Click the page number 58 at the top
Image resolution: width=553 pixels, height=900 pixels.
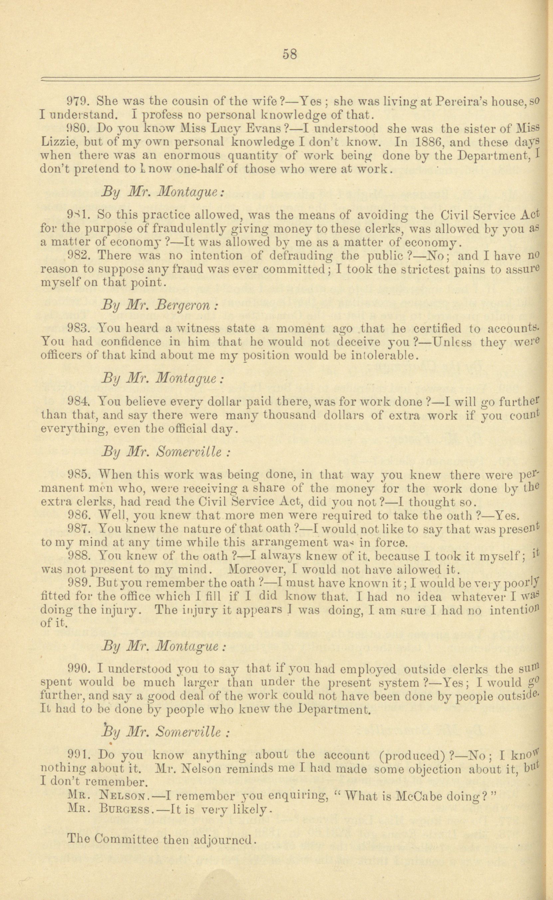tap(289, 54)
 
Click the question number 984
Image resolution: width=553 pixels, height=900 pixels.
tap(78, 402)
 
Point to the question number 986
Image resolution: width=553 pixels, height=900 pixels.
tap(78, 515)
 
